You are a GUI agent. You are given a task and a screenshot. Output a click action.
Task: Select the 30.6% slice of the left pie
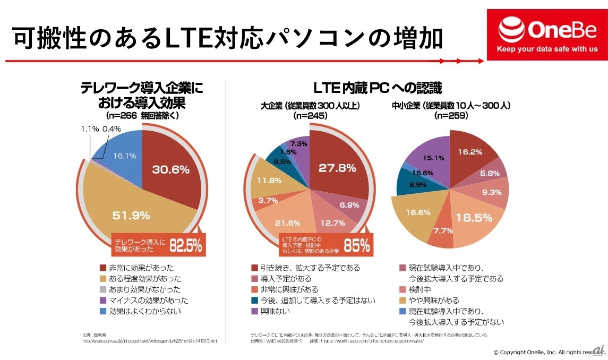click(171, 170)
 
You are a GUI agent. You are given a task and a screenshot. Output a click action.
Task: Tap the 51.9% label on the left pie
click(131, 216)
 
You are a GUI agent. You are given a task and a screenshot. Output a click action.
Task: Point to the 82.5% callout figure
click(186, 246)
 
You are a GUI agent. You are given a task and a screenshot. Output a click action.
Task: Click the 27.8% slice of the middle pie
click(337, 168)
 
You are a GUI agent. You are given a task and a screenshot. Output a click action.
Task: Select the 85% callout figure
click(356, 246)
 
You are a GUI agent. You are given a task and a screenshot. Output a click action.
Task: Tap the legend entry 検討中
click(420, 289)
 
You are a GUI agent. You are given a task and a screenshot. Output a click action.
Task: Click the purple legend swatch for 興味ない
click(254, 311)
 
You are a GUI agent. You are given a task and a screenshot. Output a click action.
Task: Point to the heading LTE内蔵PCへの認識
click(378, 88)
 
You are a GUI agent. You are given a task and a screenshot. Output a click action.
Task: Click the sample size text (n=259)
click(451, 115)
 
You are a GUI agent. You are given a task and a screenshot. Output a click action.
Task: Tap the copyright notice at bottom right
click(549, 352)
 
